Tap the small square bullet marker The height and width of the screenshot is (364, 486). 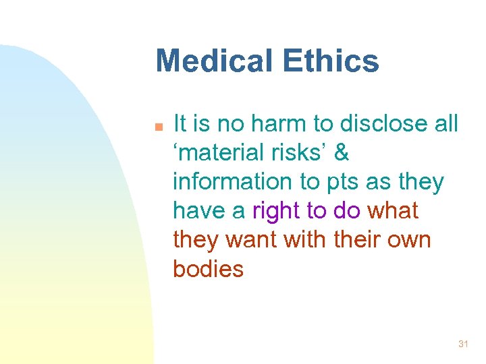click(x=159, y=126)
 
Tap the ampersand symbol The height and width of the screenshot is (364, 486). click(x=342, y=153)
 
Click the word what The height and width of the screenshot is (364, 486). click(x=392, y=211)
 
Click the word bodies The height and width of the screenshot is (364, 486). click(x=208, y=269)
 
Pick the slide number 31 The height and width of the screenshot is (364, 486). click(x=462, y=344)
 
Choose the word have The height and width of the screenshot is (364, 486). click(x=200, y=211)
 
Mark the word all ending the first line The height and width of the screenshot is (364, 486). click(x=446, y=123)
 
